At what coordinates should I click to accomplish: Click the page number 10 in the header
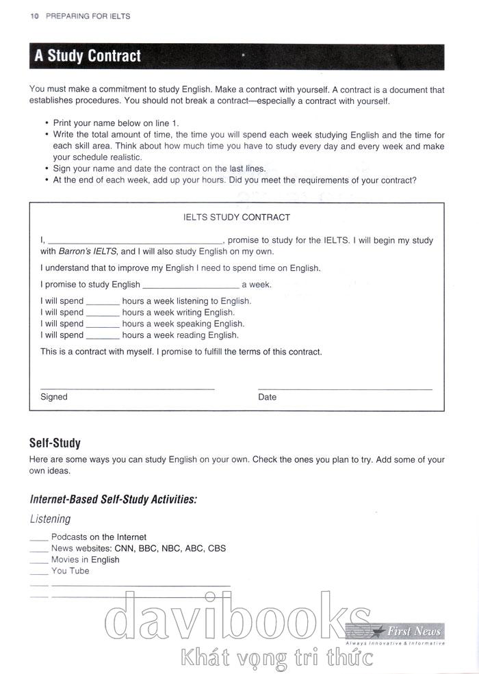(x=34, y=16)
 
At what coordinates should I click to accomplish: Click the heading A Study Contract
(x=88, y=56)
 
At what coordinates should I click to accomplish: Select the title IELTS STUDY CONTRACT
(x=237, y=218)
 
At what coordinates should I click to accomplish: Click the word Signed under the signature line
(x=54, y=397)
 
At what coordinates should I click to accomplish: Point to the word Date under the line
(x=268, y=397)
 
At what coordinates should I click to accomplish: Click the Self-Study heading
(x=55, y=443)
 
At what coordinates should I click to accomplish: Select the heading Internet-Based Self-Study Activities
(x=114, y=500)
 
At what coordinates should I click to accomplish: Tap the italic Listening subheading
(x=50, y=519)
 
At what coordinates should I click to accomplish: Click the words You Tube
(x=70, y=571)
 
